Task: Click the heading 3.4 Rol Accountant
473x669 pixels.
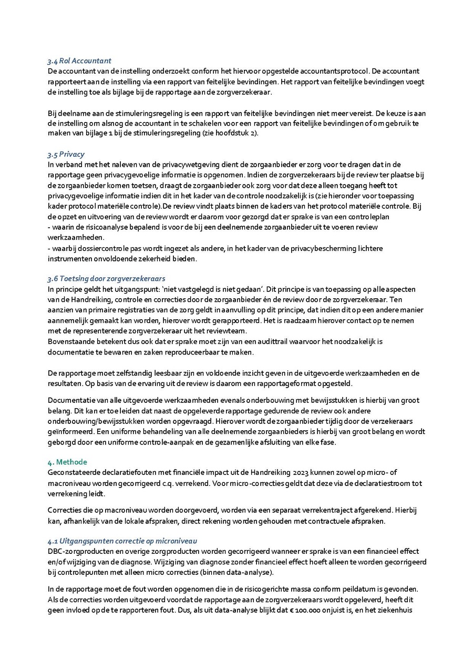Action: tap(79, 61)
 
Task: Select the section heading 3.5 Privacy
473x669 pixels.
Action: tap(66, 155)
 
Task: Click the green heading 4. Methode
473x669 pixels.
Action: tap(67, 462)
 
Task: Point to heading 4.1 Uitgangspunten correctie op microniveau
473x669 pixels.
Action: tap(122, 541)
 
